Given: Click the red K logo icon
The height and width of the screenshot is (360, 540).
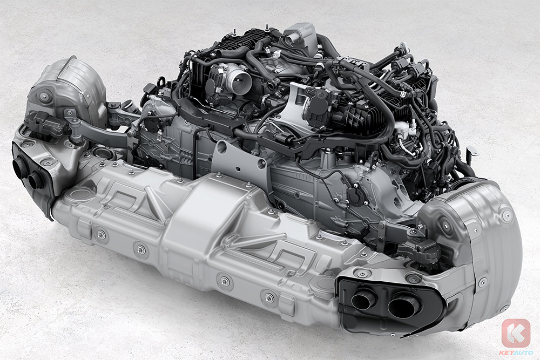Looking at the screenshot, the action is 516,333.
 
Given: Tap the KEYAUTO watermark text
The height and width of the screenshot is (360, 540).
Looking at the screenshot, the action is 516,352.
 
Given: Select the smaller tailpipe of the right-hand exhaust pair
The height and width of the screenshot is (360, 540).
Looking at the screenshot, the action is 364,298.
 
